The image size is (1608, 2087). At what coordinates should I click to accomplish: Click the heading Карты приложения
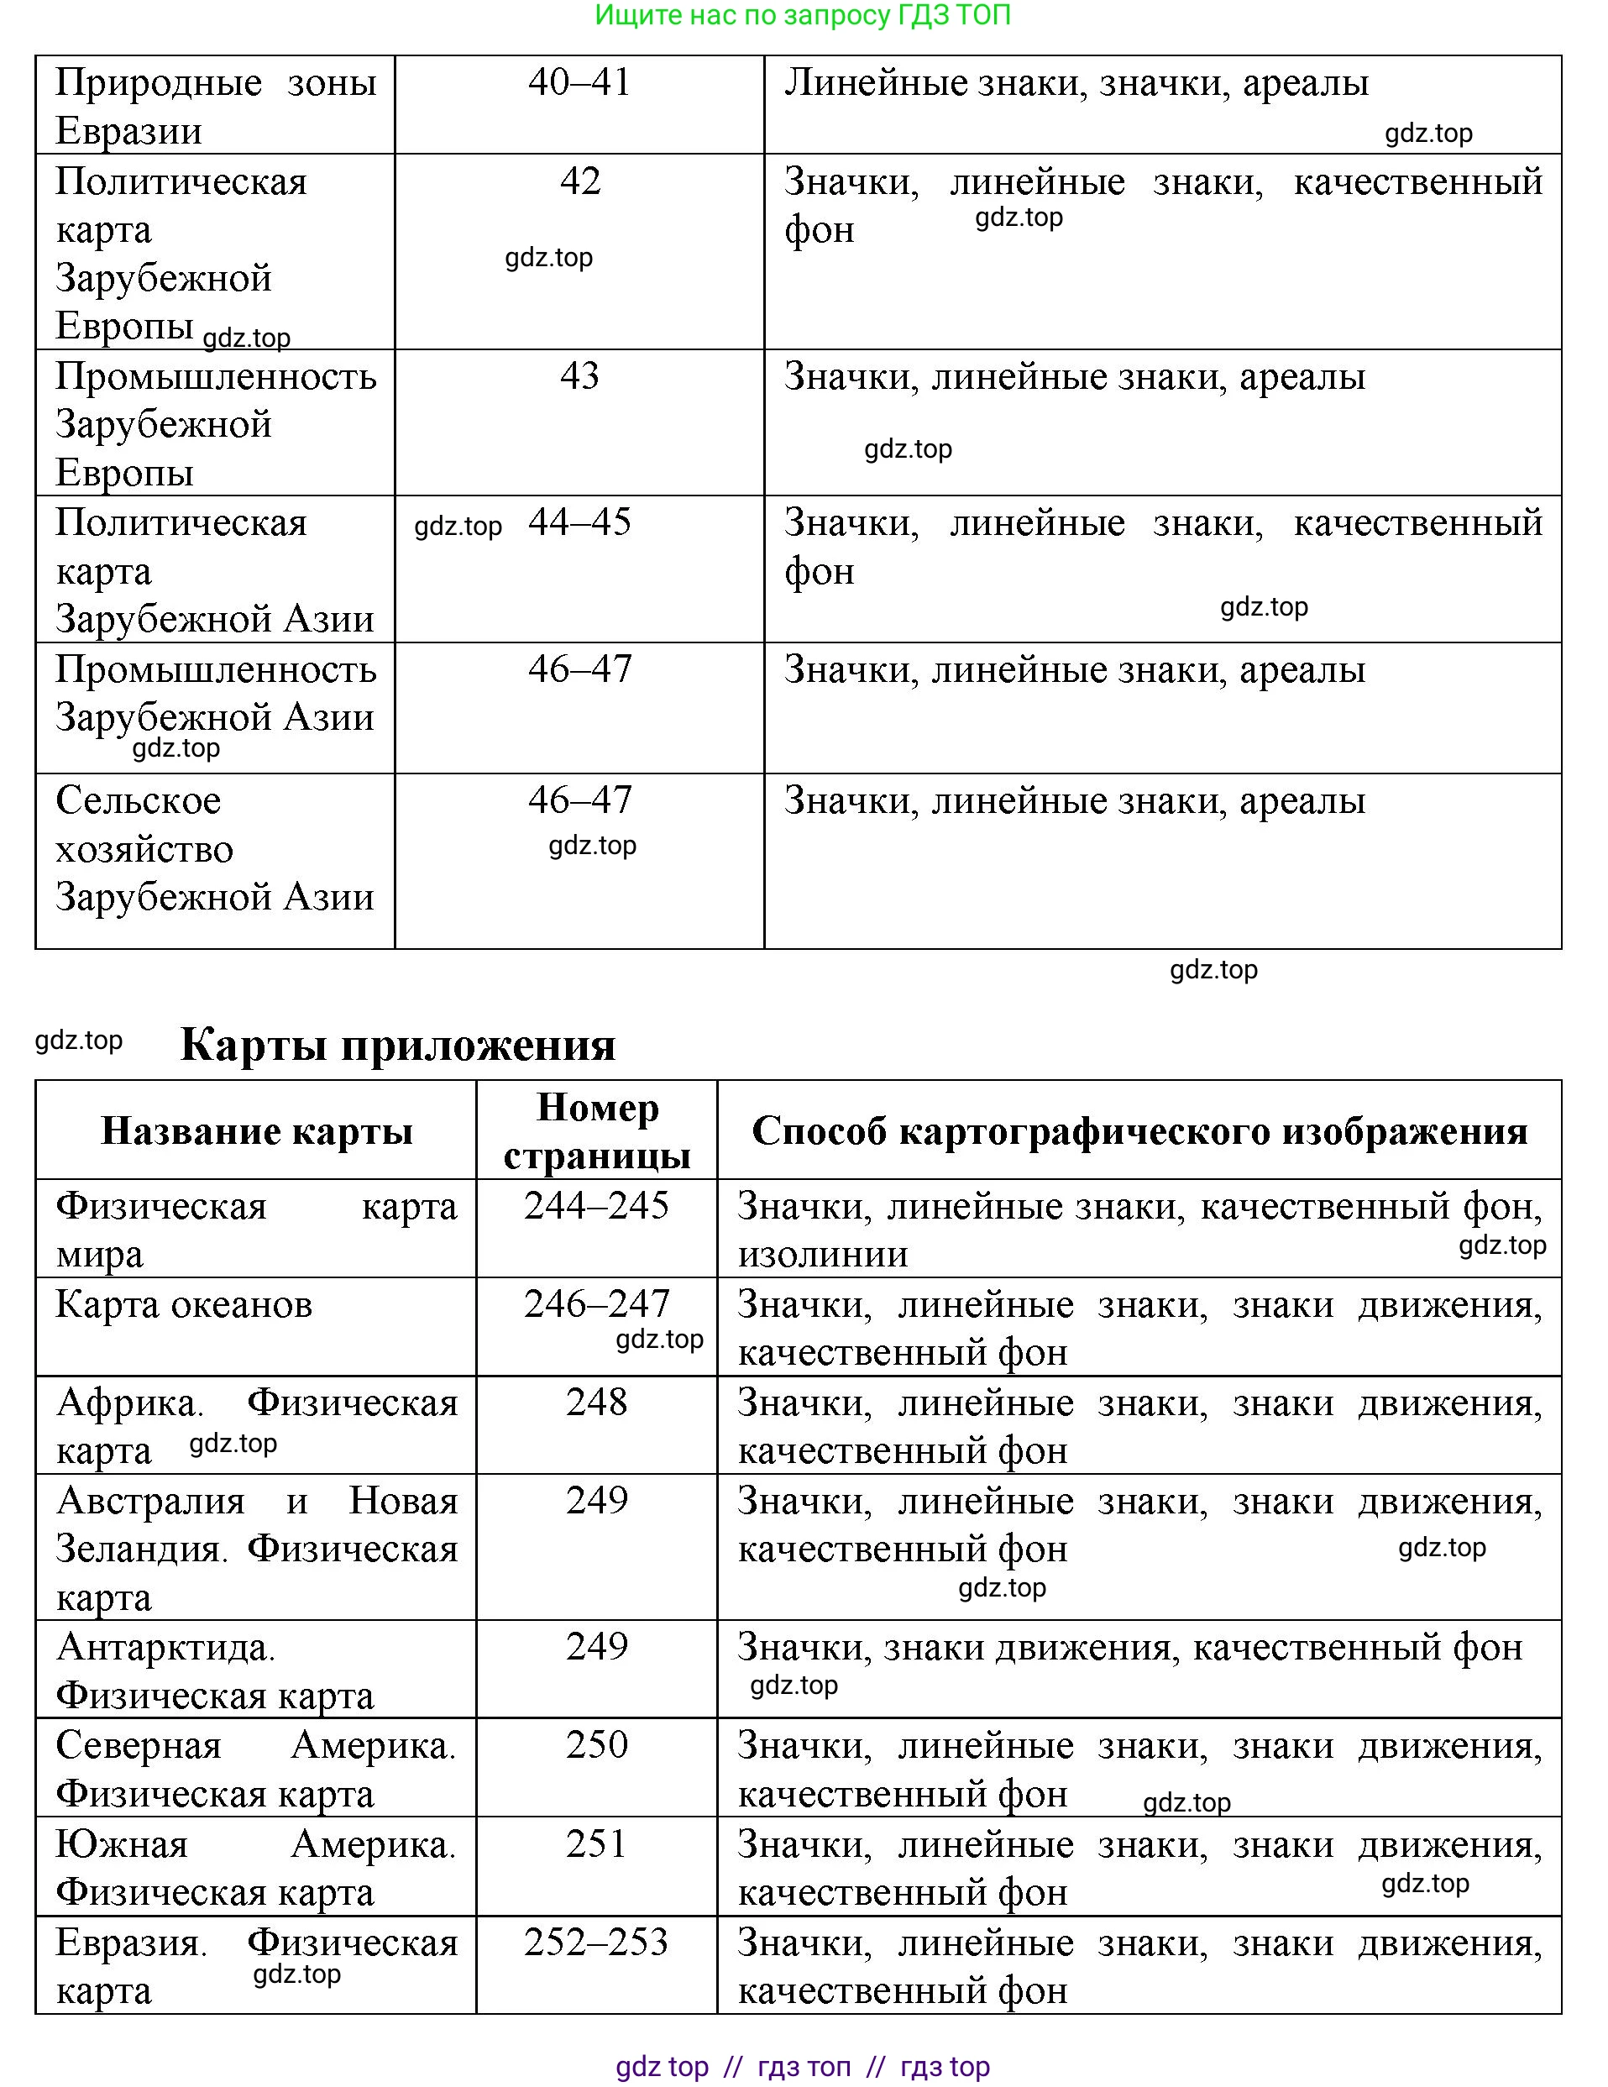pyautogui.click(x=397, y=1045)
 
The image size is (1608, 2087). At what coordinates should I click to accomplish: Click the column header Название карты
pyautogui.click(x=256, y=1131)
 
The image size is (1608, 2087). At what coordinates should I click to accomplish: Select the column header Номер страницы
pyautogui.click(x=596, y=1131)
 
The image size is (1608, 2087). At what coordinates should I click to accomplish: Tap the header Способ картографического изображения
pyautogui.click(x=1139, y=1131)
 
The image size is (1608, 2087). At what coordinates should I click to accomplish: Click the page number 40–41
pyautogui.click(x=579, y=82)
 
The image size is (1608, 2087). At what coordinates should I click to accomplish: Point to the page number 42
pyautogui.click(x=579, y=181)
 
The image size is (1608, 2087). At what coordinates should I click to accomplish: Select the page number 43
pyautogui.click(x=579, y=375)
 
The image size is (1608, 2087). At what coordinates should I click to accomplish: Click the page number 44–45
pyautogui.click(x=579, y=522)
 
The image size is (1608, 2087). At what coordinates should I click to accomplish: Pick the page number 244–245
pyautogui.click(x=596, y=1206)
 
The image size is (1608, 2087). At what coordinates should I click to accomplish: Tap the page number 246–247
pyautogui.click(x=596, y=1304)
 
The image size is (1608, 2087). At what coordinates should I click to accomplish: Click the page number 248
pyautogui.click(x=596, y=1403)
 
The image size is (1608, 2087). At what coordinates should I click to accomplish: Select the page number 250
pyautogui.click(x=596, y=1745)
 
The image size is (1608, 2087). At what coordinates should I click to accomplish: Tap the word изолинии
pyautogui.click(x=822, y=1255)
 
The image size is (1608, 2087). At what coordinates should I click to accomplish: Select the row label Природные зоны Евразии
pyautogui.click(x=215, y=106)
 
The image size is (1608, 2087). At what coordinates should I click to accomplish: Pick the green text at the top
pyautogui.click(x=803, y=15)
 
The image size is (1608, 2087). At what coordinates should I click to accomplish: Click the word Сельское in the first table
pyautogui.click(x=138, y=800)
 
